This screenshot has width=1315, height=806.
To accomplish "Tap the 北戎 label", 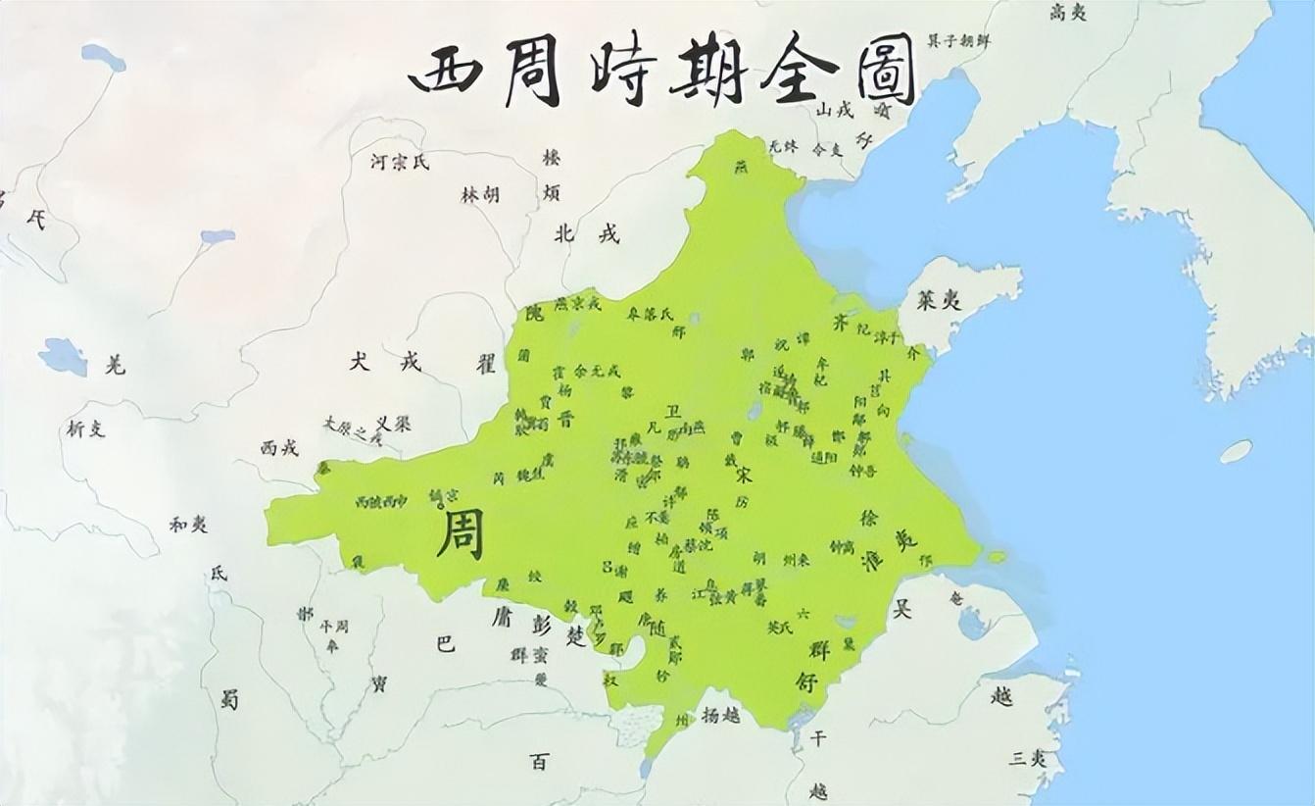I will point(586,234).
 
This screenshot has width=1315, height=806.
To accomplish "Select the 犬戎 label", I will point(385,362).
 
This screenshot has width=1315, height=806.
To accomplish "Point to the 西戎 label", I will point(279,447).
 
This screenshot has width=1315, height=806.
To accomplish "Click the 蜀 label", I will point(229,700).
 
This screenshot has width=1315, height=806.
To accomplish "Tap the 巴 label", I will point(445,644).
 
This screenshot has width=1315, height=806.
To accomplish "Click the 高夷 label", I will point(1069,13).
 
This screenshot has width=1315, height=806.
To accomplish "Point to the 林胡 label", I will point(480,195).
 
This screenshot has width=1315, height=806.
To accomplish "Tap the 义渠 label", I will point(393,424).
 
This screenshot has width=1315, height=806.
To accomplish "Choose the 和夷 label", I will point(187,525).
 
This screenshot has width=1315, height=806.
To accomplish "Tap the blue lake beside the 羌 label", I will point(64,356).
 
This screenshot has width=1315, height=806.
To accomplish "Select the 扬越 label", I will point(720,715).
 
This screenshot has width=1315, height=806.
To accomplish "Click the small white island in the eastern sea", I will point(1237,451).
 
